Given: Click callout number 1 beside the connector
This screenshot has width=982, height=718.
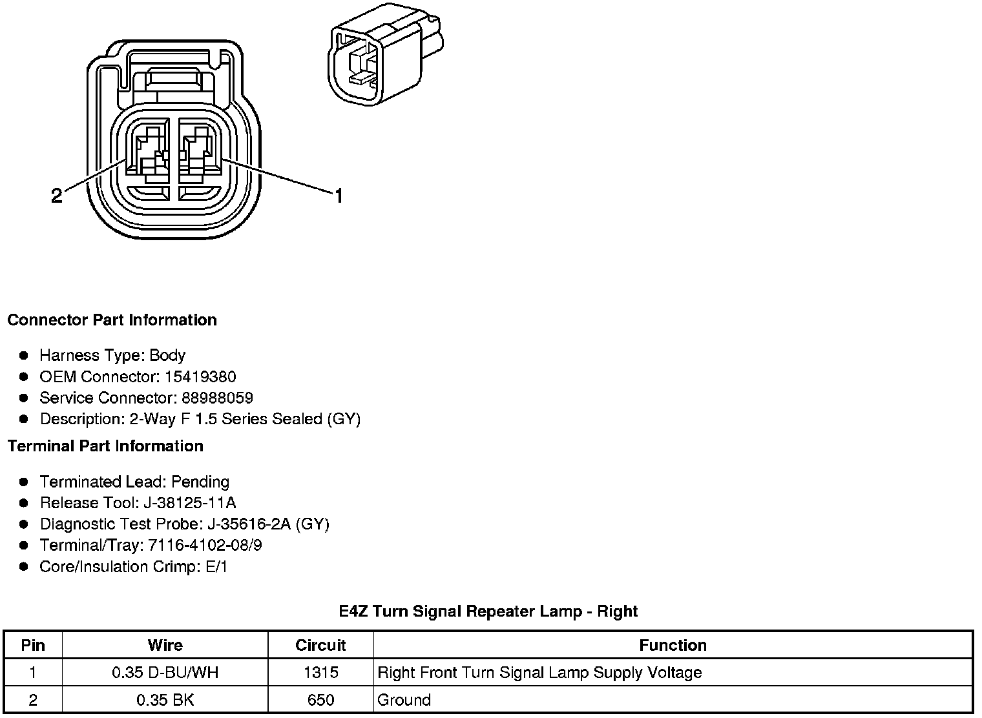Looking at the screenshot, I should click(x=338, y=195).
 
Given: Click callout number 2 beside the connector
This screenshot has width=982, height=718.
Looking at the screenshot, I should click(x=57, y=196).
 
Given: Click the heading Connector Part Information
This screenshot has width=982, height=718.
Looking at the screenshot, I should click(x=112, y=320).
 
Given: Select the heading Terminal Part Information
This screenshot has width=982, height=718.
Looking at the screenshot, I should click(x=105, y=446).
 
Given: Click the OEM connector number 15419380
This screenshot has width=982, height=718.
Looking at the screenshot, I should click(x=198, y=376).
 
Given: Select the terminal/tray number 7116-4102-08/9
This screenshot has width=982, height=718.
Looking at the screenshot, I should click(x=205, y=545).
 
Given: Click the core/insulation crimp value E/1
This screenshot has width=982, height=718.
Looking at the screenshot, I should click(x=215, y=566).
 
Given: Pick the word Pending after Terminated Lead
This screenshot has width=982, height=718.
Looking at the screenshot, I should click(x=200, y=482).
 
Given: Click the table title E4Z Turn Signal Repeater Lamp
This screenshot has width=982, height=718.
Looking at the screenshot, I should click(x=488, y=611).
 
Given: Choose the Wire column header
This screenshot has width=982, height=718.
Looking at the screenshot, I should click(x=165, y=645).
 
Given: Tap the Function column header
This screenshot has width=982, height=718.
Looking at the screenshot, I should click(x=673, y=645).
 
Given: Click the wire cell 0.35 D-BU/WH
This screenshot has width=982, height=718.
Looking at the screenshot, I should click(x=165, y=673).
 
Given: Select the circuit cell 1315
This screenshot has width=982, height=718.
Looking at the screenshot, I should click(x=320, y=673).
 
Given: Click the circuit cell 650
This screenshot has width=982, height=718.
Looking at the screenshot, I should click(x=320, y=700).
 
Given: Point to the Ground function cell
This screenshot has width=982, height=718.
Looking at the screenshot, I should click(x=404, y=700).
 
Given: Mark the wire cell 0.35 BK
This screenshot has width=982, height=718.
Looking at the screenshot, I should click(x=165, y=700).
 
